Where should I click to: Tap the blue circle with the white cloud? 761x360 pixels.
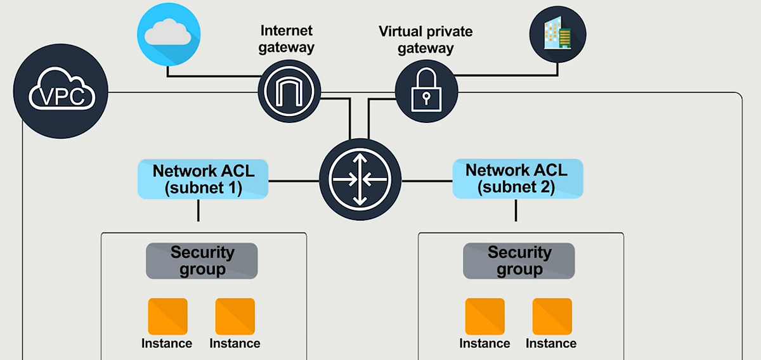pyautogui.click(x=169, y=34)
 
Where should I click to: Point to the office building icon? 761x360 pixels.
pyautogui.click(x=557, y=34)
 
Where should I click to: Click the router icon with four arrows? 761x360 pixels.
pyautogui.click(x=361, y=181)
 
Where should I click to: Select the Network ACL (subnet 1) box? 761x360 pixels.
pyautogui.click(x=203, y=179)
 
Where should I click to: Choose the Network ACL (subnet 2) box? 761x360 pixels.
pyautogui.click(x=517, y=179)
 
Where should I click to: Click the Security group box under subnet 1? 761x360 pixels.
pyautogui.click(x=202, y=260)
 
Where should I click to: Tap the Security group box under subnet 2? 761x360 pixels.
pyautogui.click(x=519, y=260)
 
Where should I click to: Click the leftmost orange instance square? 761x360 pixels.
pyautogui.click(x=167, y=316)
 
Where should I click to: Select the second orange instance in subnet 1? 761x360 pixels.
pyautogui.click(x=235, y=316)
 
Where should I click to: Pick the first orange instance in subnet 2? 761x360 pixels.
pyautogui.click(x=485, y=316)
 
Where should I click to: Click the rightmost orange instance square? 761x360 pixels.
pyautogui.click(x=552, y=316)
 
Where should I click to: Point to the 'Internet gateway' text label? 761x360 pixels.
pyautogui.click(x=287, y=39)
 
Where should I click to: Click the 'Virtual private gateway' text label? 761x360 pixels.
pyautogui.click(x=426, y=39)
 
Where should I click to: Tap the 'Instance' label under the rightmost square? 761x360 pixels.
pyautogui.click(x=551, y=344)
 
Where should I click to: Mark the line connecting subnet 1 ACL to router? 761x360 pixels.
pyautogui.click(x=294, y=181)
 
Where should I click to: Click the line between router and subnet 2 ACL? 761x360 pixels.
pyautogui.click(x=427, y=181)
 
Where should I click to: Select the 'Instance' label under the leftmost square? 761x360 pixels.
pyautogui.click(x=167, y=344)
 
